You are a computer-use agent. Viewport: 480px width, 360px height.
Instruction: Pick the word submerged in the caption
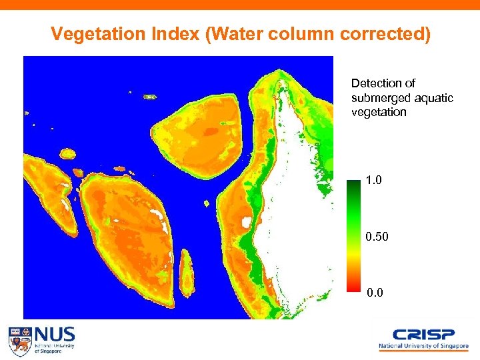point(379,98)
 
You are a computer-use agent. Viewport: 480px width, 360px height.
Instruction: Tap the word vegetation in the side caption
point(379,112)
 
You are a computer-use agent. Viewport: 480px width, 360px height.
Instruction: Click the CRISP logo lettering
point(423,335)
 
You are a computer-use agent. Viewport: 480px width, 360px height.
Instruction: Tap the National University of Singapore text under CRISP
point(423,347)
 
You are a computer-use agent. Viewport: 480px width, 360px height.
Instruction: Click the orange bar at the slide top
point(240,5)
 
